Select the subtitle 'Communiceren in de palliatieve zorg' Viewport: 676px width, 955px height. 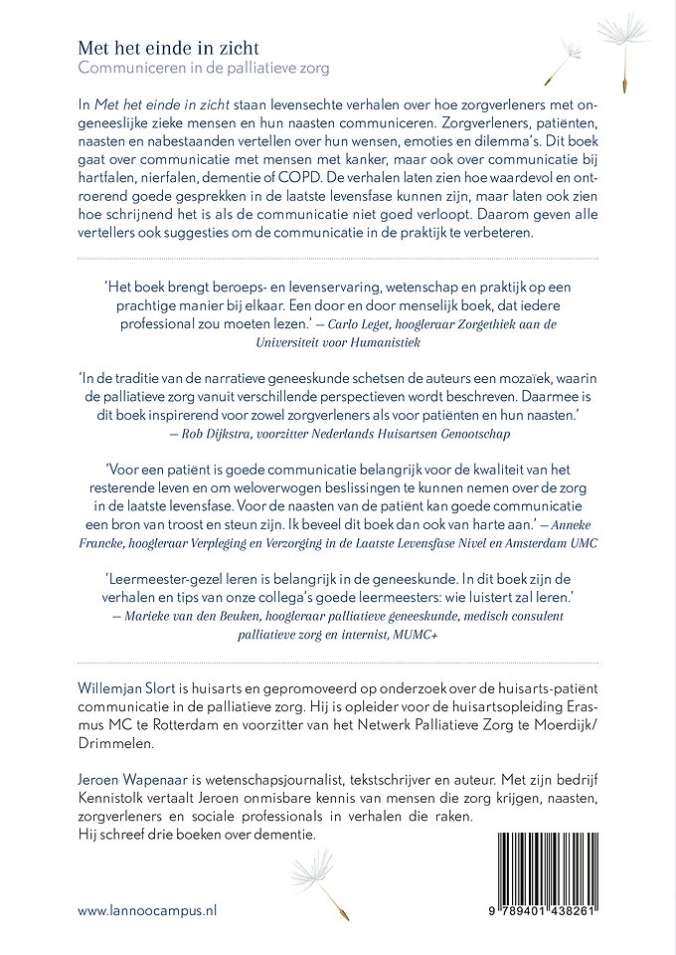tap(203, 68)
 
